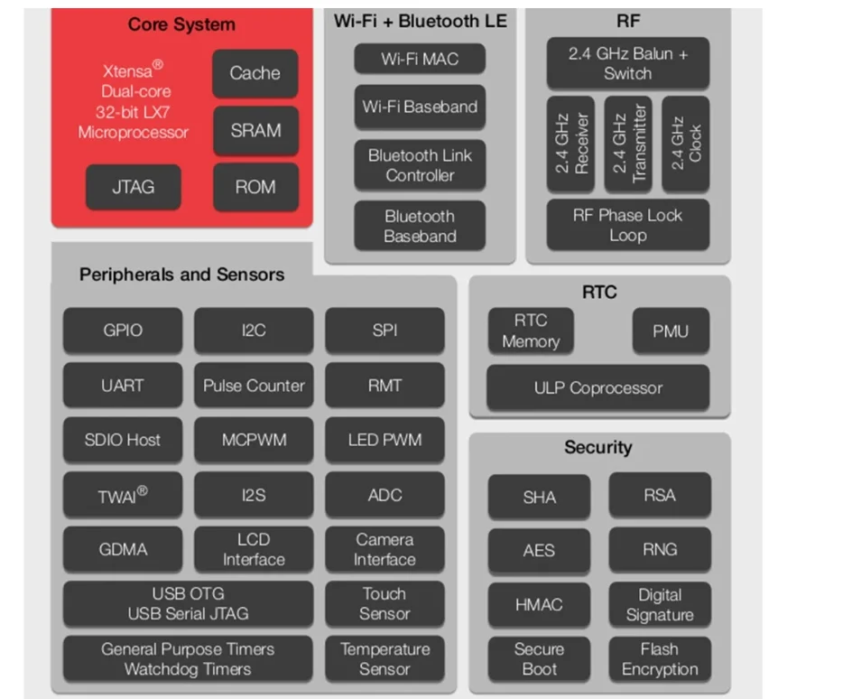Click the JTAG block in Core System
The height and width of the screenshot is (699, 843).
click(133, 187)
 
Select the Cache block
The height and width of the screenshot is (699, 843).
click(255, 73)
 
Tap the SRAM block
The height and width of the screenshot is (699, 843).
click(255, 130)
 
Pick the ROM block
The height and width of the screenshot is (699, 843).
click(255, 187)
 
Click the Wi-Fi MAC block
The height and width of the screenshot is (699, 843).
click(420, 59)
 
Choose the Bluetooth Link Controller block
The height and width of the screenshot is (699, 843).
click(420, 164)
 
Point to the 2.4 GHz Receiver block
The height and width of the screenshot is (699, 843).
click(570, 144)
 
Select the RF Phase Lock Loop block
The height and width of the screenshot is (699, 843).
click(627, 225)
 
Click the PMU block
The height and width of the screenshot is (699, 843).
click(670, 331)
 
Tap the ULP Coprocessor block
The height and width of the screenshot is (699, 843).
click(598, 388)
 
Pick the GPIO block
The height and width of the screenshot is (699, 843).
click(122, 331)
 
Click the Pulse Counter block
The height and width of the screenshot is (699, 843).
click(254, 386)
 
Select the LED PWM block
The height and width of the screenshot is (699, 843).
click(384, 441)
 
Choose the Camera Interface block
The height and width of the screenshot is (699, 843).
click(384, 549)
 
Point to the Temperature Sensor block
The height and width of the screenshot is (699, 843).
click(384, 659)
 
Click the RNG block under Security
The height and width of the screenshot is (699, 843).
click(659, 549)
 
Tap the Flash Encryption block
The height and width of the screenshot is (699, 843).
click(659, 659)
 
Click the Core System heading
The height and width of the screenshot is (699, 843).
click(181, 24)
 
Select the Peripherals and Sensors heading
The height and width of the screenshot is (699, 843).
click(181, 275)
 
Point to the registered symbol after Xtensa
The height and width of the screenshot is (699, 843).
click(157, 64)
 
